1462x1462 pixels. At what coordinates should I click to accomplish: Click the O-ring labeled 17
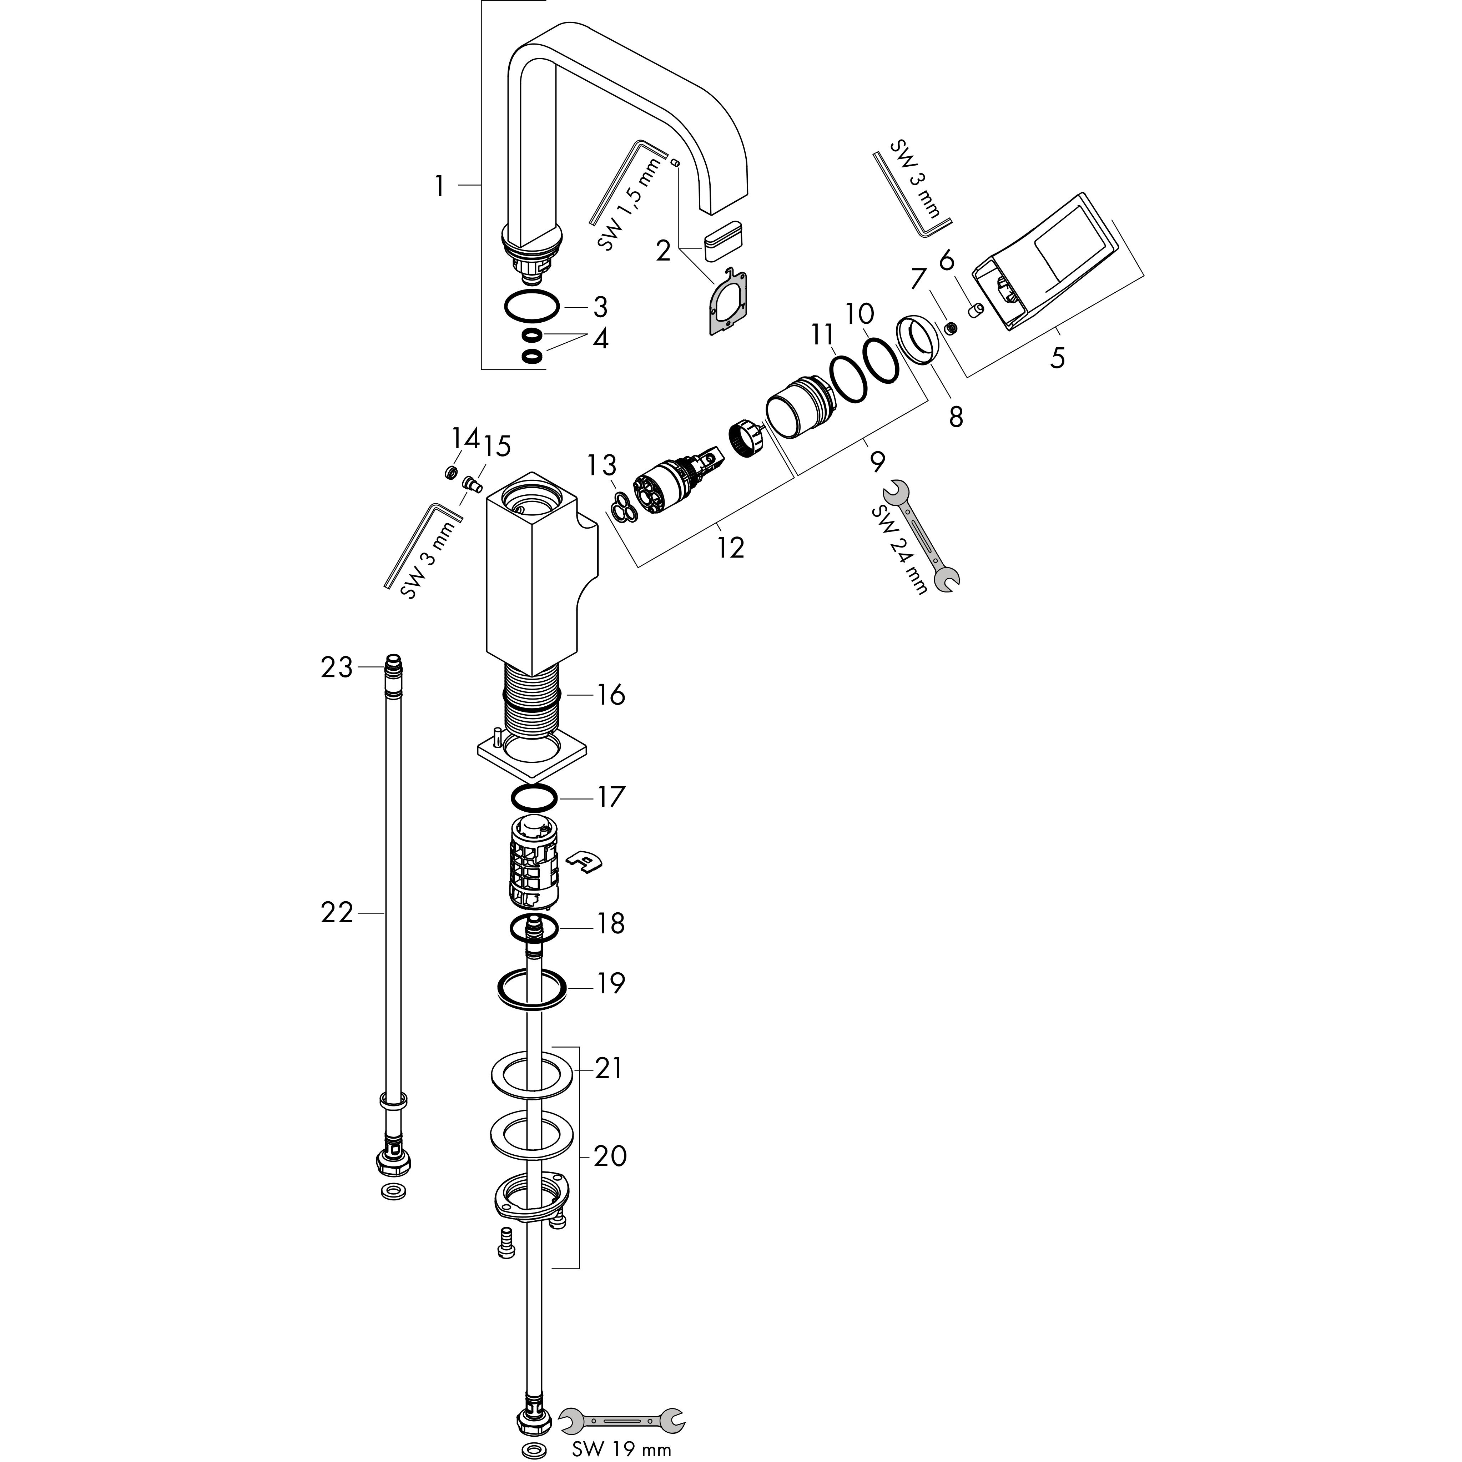pyautogui.click(x=534, y=797)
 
